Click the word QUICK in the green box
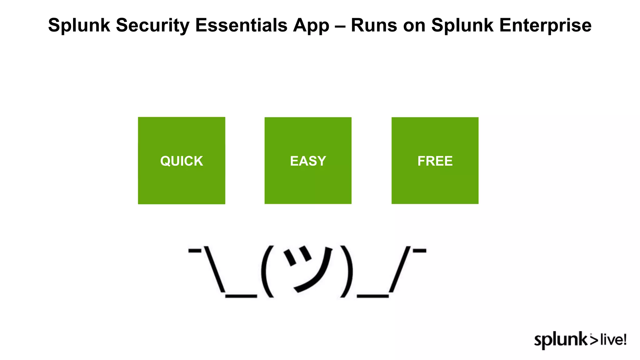coord(182,161)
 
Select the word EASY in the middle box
coord(308,161)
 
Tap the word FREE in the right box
coord(435,161)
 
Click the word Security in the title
coord(152,25)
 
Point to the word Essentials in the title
coord(241,25)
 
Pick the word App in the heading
coord(311,25)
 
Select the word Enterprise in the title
coord(545,25)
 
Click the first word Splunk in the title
coord(79,25)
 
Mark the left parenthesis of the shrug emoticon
coord(267,271)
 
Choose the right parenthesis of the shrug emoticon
coord(347,271)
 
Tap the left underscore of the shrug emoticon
coord(241,296)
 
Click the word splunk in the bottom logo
coord(561,340)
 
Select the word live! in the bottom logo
coord(613,340)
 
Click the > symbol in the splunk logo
coord(594,340)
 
